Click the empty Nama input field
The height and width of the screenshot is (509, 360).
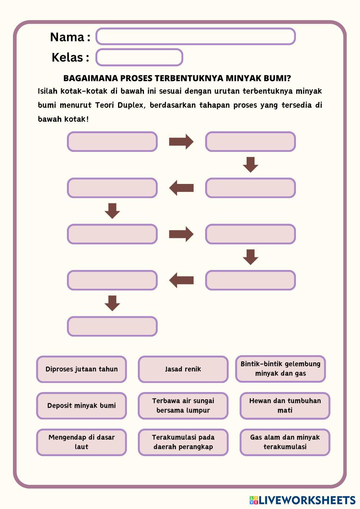tap(195, 36)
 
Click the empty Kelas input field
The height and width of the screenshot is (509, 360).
tap(139, 57)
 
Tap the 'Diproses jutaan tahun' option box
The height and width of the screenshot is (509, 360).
tap(81, 369)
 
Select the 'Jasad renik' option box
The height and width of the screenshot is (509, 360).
tap(183, 369)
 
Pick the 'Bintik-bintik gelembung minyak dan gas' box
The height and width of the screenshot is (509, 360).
tap(280, 369)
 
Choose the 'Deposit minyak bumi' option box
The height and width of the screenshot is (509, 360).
tap(81, 406)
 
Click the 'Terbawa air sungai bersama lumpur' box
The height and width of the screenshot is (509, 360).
tap(183, 406)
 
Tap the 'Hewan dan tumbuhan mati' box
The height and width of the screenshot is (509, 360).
tap(285, 406)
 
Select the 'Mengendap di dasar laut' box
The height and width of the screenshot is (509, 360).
tap(81, 442)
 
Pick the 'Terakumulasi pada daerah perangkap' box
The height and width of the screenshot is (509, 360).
tap(183, 442)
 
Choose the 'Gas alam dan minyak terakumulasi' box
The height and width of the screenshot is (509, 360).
tap(285, 442)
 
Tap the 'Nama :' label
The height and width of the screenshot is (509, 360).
tap(70, 37)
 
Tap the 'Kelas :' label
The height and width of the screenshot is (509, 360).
tap(70, 57)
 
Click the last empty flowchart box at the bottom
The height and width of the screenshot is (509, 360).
tap(112, 326)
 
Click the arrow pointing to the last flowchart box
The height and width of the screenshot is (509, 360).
tap(112, 303)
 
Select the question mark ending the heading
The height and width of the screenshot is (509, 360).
tap(289, 78)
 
